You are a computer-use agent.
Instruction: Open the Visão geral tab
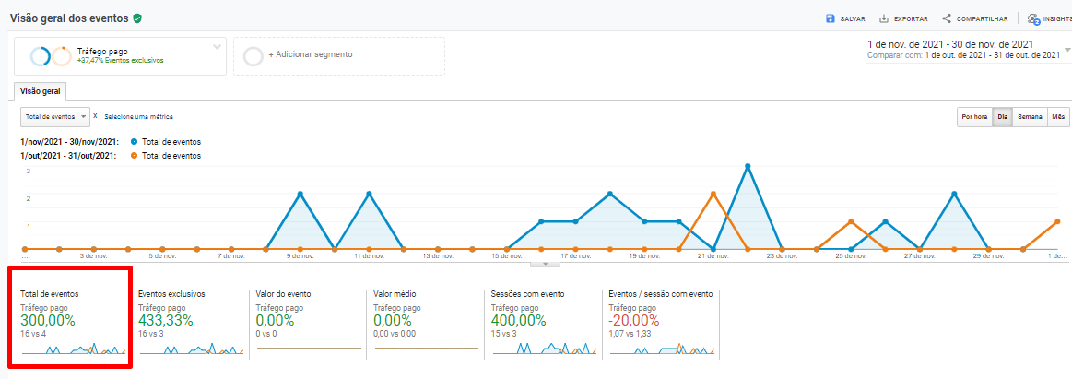click(40, 90)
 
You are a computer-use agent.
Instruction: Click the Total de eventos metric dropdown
click(55, 117)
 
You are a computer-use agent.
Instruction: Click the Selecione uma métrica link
click(138, 117)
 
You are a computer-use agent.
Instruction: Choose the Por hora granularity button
click(974, 117)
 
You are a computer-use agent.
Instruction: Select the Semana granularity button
click(1030, 117)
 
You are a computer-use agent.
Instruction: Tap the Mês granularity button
click(1058, 117)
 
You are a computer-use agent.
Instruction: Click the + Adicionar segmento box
click(338, 55)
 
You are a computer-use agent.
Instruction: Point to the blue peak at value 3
click(748, 166)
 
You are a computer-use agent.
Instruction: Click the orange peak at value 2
click(713, 194)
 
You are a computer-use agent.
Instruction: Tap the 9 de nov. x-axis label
click(300, 257)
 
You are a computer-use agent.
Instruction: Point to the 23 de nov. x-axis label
click(782, 257)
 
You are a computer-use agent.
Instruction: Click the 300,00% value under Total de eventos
click(48, 320)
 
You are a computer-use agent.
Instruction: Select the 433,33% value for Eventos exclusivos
click(166, 320)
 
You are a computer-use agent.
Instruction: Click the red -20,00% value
click(634, 320)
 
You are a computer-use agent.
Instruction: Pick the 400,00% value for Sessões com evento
click(519, 320)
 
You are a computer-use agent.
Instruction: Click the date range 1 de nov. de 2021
click(949, 44)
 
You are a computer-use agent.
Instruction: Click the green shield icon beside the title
click(137, 18)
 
